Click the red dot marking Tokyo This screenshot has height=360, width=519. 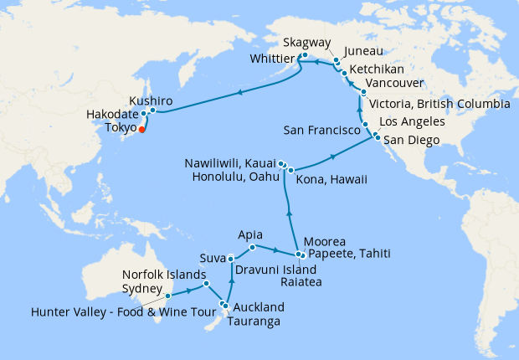pyautogui.click(x=141, y=129)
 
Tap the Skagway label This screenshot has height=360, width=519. pyautogui.click(x=308, y=43)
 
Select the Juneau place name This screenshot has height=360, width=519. pyautogui.click(x=362, y=51)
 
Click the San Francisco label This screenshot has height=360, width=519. pyautogui.click(x=322, y=131)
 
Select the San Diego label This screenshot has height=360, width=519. pyautogui.click(x=414, y=141)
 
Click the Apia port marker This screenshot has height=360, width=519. pyautogui.click(x=253, y=247)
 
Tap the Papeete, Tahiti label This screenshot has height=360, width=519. pyautogui.click(x=349, y=255)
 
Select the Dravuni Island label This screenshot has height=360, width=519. pyautogui.click(x=275, y=270)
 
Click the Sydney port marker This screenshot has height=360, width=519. pyautogui.click(x=167, y=296)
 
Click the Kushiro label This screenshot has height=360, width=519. pyautogui.click(x=153, y=99)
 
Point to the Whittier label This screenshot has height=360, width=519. pyautogui.click(x=271, y=59)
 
